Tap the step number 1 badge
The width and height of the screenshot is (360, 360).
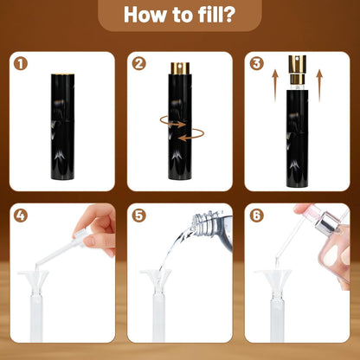pos(21,64)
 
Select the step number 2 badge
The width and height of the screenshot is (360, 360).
pos(138,64)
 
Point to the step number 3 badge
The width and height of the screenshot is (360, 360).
pos(256,64)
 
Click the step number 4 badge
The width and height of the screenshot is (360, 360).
pos(21,215)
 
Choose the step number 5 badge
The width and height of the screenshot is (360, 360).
pos(138,215)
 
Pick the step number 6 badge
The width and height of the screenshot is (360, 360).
pos(256,215)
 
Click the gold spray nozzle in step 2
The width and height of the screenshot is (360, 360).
pos(180,68)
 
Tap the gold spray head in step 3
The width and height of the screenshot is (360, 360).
pos(297,69)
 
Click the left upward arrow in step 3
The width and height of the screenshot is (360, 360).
pos(275,85)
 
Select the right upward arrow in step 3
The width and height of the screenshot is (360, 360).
pos(319,85)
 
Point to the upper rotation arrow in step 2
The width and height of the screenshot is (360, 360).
pos(172,122)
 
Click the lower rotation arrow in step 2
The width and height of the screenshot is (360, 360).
pos(191,135)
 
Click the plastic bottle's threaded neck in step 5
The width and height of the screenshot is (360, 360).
pos(202,221)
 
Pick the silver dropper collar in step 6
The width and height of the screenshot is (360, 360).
pos(325,223)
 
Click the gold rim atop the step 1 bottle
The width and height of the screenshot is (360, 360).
pos(63,74)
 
